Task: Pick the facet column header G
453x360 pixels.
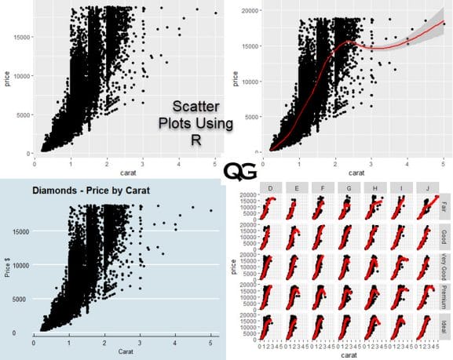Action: pyautogui.click(x=345, y=190)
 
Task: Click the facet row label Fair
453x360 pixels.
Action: pyautogui.click(x=444, y=209)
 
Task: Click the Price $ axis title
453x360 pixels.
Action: pyautogui.click(x=7, y=268)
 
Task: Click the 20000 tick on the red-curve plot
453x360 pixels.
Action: pyautogui.click(x=250, y=11)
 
